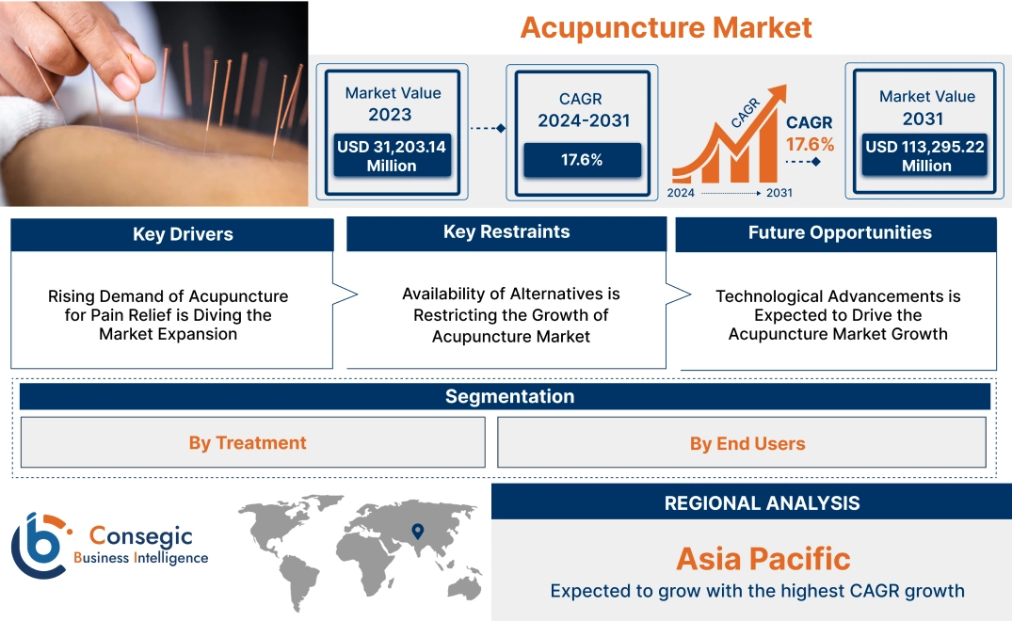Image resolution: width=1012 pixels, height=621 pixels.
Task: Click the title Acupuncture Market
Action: pos(666,27)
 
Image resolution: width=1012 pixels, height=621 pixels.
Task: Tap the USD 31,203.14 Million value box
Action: pos(391,156)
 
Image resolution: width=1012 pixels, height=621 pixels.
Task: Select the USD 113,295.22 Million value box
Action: pos(926,156)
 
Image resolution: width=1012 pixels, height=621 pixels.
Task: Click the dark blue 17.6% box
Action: pos(582,160)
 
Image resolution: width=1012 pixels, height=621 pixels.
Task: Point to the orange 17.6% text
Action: pos(811,144)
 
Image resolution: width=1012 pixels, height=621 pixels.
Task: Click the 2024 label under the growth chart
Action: pos(683,193)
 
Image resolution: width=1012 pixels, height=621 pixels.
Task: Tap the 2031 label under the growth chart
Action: pos(779,193)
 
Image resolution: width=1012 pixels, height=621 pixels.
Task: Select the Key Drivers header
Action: pos(183,234)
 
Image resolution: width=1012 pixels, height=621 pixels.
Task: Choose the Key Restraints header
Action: pos(506,232)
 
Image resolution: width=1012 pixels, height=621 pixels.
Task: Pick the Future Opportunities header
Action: pos(840,233)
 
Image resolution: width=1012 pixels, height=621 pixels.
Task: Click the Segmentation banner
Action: pos(509,396)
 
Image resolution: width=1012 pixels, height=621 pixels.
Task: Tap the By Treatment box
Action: pos(248,442)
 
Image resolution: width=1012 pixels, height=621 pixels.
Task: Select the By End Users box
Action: pos(747,443)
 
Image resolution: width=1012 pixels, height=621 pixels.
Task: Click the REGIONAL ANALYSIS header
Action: pos(762,502)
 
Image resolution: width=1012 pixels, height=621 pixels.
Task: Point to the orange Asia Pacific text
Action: pos(763,559)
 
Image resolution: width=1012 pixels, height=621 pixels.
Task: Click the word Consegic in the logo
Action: pos(140,536)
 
